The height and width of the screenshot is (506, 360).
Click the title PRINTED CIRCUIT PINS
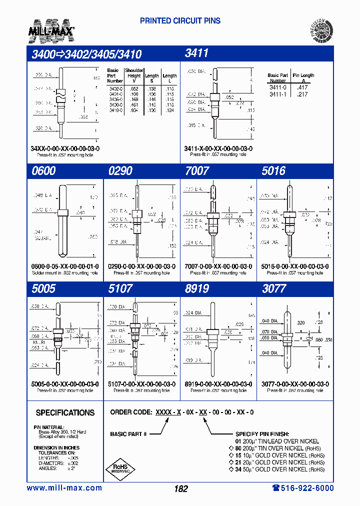click(x=180, y=21)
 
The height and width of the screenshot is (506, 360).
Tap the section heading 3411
click(x=196, y=53)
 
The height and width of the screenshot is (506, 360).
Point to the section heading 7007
click(x=196, y=171)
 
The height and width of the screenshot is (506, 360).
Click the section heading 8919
click(x=196, y=288)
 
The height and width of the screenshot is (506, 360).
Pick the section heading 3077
click(x=274, y=288)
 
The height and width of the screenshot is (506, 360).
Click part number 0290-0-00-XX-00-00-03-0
click(x=141, y=266)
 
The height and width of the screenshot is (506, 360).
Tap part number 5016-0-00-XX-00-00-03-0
click(x=295, y=266)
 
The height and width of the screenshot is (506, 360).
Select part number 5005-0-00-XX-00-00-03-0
click(x=65, y=384)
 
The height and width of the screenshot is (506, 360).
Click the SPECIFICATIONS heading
click(x=65, y=413)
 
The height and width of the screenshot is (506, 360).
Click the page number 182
click(x=181, y=489)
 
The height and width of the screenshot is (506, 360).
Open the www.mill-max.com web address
click(x=64, y=488)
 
